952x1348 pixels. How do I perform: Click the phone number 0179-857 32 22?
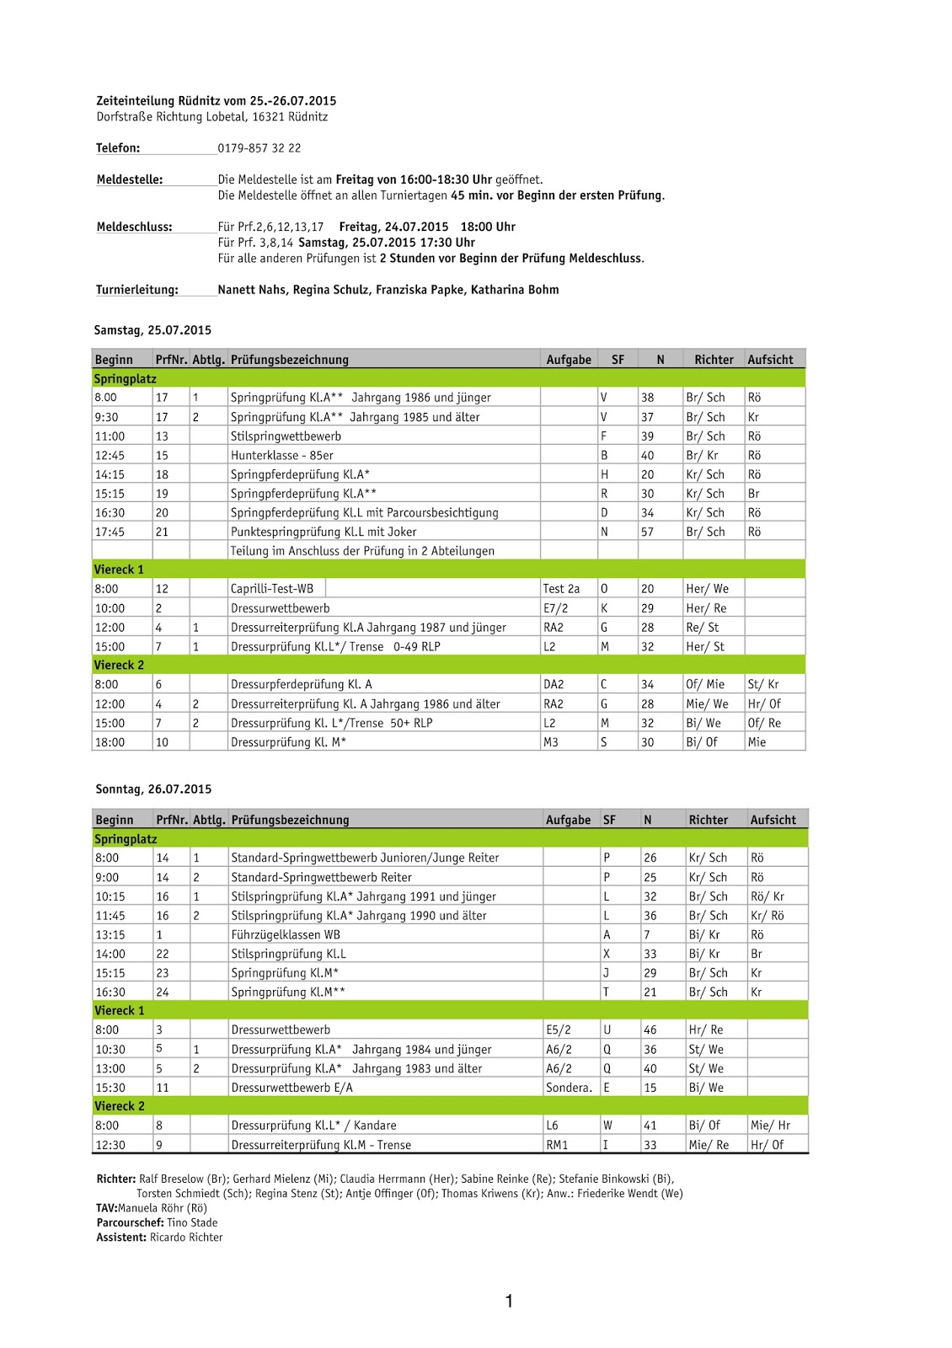pos(259,148)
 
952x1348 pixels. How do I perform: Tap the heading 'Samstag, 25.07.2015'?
pos(152,330)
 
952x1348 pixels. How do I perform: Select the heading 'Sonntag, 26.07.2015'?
pos(153,789)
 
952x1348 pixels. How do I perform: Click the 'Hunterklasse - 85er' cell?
pos(282,456)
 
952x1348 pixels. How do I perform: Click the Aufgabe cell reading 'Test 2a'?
pos(561,589)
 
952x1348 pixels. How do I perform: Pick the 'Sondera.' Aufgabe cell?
pos(569,1088)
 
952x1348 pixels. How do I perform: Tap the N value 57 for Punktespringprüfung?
pos(648,532)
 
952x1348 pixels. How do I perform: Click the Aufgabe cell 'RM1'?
pos(557,1145)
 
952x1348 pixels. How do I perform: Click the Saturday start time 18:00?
pos(110,742)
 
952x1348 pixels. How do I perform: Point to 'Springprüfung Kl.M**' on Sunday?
pos(288,992)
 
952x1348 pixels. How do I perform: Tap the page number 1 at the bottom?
pos(509,1302)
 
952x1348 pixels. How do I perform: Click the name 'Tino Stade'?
pos(192,1222)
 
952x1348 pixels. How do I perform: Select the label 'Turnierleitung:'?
pos(136,290)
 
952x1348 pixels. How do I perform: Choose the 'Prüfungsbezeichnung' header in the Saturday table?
pos(290,360)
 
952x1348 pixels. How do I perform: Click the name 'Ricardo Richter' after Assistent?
pos(186,1238)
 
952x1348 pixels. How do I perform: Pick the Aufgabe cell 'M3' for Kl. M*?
pos(551,742)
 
